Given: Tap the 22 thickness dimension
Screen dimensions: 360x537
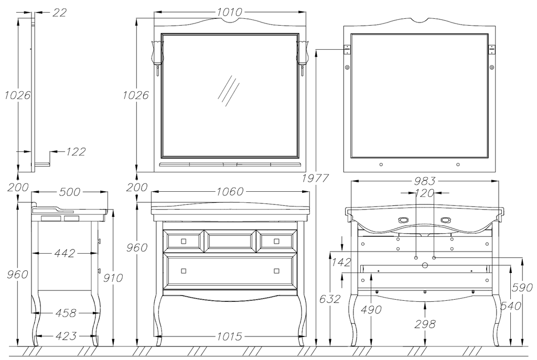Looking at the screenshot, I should pyautogui.click(x=59, y=13).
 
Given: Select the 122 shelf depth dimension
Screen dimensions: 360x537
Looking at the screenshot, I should pyautogui.click(x=76, y=152).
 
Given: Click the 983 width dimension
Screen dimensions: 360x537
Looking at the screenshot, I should pyautogui.click(x=425, y=181).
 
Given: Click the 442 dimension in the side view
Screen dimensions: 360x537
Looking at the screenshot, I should pyautogui.click(x=65, y=253).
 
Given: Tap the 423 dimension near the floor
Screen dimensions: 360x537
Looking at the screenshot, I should pyautogui.click(x=66, y=336).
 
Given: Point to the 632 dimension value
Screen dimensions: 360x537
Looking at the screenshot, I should pyautogui.click(x=330, y=299).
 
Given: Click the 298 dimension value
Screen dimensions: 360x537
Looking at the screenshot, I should pyautogui.click(x=425, y=324).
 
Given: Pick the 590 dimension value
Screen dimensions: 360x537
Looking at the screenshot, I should pyautogui.click(x=522, y=287).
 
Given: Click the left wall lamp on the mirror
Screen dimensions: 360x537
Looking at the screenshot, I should pyautogui.click(x=158, y=54).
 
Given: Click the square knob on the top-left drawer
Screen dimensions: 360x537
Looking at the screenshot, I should pyautogui.click(x=183, y=241).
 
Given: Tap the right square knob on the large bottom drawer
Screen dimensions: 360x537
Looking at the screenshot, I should pyautogui.click(x=276, y=270).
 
